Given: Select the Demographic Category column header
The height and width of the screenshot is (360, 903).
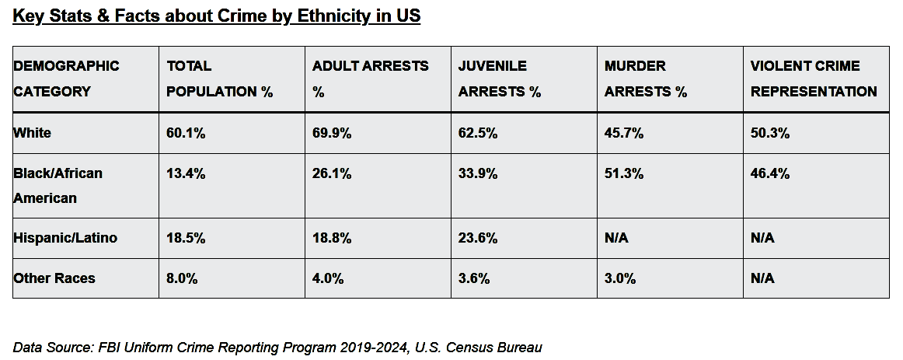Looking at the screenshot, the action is [66, 79].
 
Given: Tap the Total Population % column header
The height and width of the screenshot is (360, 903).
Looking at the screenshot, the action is [219, 79].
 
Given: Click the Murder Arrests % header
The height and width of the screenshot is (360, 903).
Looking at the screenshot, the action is [646, 79].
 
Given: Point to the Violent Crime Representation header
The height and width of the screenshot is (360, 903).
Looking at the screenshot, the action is [814, 79].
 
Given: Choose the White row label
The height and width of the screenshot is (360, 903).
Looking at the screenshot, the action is [33, 133].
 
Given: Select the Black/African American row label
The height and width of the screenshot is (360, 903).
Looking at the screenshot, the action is [58, 186].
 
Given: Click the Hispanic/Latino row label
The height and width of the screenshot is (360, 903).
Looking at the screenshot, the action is [65, 238].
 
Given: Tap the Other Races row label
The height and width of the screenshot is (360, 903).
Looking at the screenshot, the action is [54, 278].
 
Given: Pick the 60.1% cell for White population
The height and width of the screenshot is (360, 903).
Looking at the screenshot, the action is [186, 133].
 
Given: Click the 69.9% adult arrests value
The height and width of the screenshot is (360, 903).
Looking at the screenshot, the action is [332, 133].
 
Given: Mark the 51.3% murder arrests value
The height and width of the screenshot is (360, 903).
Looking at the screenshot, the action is [624, 173].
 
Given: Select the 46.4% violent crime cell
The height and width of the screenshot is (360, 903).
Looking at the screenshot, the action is [770, 173].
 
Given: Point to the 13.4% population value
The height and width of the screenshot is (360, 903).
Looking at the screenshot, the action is [186, 173].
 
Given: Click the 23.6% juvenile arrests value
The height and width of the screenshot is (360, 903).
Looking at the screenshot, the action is [478, 238].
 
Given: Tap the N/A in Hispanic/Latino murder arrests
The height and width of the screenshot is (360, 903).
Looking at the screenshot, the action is [616, 238].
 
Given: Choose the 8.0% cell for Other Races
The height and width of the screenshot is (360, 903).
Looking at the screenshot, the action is [182, 278].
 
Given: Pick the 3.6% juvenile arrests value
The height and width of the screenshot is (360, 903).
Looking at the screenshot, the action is [474, 278].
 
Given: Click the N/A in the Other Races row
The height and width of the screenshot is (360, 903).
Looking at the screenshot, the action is [762, 278].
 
